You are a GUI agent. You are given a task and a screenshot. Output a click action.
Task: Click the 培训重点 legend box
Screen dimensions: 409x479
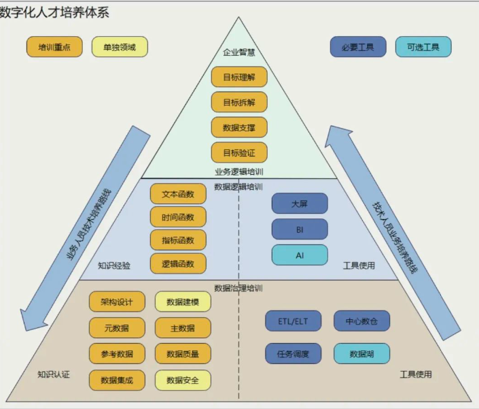54,47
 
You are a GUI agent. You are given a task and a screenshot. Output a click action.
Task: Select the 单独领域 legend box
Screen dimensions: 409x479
120,47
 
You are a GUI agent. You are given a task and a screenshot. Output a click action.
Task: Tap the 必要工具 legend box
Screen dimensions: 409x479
358,47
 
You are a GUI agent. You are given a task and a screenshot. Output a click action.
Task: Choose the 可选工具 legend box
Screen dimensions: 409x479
423,47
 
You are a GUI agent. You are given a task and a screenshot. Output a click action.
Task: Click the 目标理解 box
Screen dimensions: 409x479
239,77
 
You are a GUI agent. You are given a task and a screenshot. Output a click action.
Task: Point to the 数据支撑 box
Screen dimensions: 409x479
239,127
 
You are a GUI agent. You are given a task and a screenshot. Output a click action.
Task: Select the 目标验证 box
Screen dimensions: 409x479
239,152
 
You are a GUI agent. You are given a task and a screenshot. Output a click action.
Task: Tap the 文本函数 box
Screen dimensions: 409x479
178,193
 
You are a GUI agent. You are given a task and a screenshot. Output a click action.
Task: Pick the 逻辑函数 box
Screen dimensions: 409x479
178,263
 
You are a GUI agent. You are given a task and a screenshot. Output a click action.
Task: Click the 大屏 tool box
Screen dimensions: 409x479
300,203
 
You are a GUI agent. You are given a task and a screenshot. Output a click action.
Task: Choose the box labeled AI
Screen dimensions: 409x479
300,255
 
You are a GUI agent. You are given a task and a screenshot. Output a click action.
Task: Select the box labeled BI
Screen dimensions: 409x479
300,229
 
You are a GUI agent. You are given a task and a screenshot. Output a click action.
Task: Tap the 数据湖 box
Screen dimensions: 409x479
361,354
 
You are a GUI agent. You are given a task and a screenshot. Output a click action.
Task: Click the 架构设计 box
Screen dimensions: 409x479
117,301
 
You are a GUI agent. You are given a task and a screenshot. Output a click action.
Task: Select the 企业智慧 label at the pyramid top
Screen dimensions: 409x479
239,52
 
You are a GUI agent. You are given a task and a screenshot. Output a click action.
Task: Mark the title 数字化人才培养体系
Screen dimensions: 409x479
54,12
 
